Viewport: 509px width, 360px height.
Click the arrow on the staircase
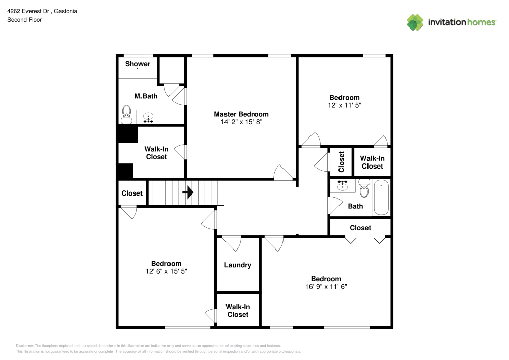point(188,192)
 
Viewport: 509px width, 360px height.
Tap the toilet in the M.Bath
point(126,115)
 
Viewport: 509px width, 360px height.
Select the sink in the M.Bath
point(148,118)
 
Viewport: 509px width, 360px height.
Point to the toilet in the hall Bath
point(364,188)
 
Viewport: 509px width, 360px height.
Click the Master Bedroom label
point(241,114)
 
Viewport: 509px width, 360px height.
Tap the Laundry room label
point(238,265)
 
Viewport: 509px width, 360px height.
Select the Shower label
point(137,64)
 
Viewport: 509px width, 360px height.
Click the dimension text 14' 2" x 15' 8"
point(241,122)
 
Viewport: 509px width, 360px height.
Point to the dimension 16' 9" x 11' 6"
point(326,287)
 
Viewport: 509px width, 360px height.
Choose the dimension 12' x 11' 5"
point(344,105)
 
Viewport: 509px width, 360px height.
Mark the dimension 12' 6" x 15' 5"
point(166,271)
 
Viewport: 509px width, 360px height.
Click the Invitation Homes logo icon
point(415,22)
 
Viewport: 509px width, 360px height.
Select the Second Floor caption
point(24,20)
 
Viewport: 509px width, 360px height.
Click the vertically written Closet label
point(342,162)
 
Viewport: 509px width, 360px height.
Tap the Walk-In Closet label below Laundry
point(238,311)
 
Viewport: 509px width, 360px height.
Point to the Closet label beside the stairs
point(132,193)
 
